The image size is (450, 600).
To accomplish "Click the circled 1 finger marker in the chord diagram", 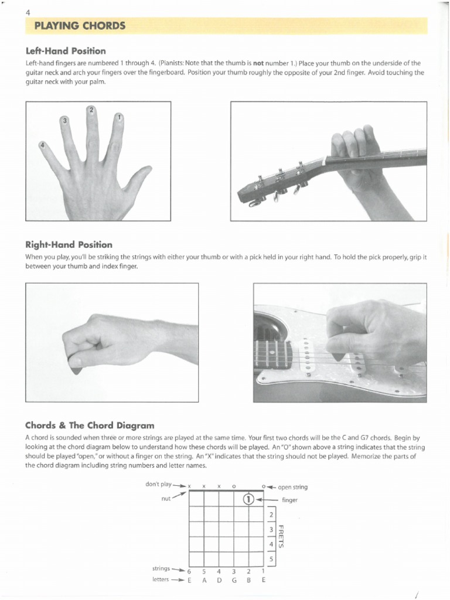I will (248, 499).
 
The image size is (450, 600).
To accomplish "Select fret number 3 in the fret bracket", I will (271, 530).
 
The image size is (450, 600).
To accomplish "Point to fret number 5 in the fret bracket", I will (271, 559).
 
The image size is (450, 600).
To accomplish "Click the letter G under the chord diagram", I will (233, 580).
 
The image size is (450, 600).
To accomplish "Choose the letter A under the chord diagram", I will (204, 580).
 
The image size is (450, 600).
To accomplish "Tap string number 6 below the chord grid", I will (189, 571).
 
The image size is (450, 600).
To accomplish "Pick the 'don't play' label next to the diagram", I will (158, 484).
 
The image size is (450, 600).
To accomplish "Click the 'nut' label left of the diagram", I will (166, 499).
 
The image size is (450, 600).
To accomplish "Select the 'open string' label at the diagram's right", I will (292, 487).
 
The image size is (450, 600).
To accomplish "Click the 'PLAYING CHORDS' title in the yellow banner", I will (80, 26).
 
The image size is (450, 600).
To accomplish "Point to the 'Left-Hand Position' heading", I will (66, 51).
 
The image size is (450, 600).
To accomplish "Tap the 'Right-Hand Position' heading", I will (69, 244).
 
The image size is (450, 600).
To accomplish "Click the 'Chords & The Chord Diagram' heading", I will (90, 425).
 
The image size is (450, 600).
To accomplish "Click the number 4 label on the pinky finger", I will (42, 145).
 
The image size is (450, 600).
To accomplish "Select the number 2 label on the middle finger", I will (91, 110).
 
